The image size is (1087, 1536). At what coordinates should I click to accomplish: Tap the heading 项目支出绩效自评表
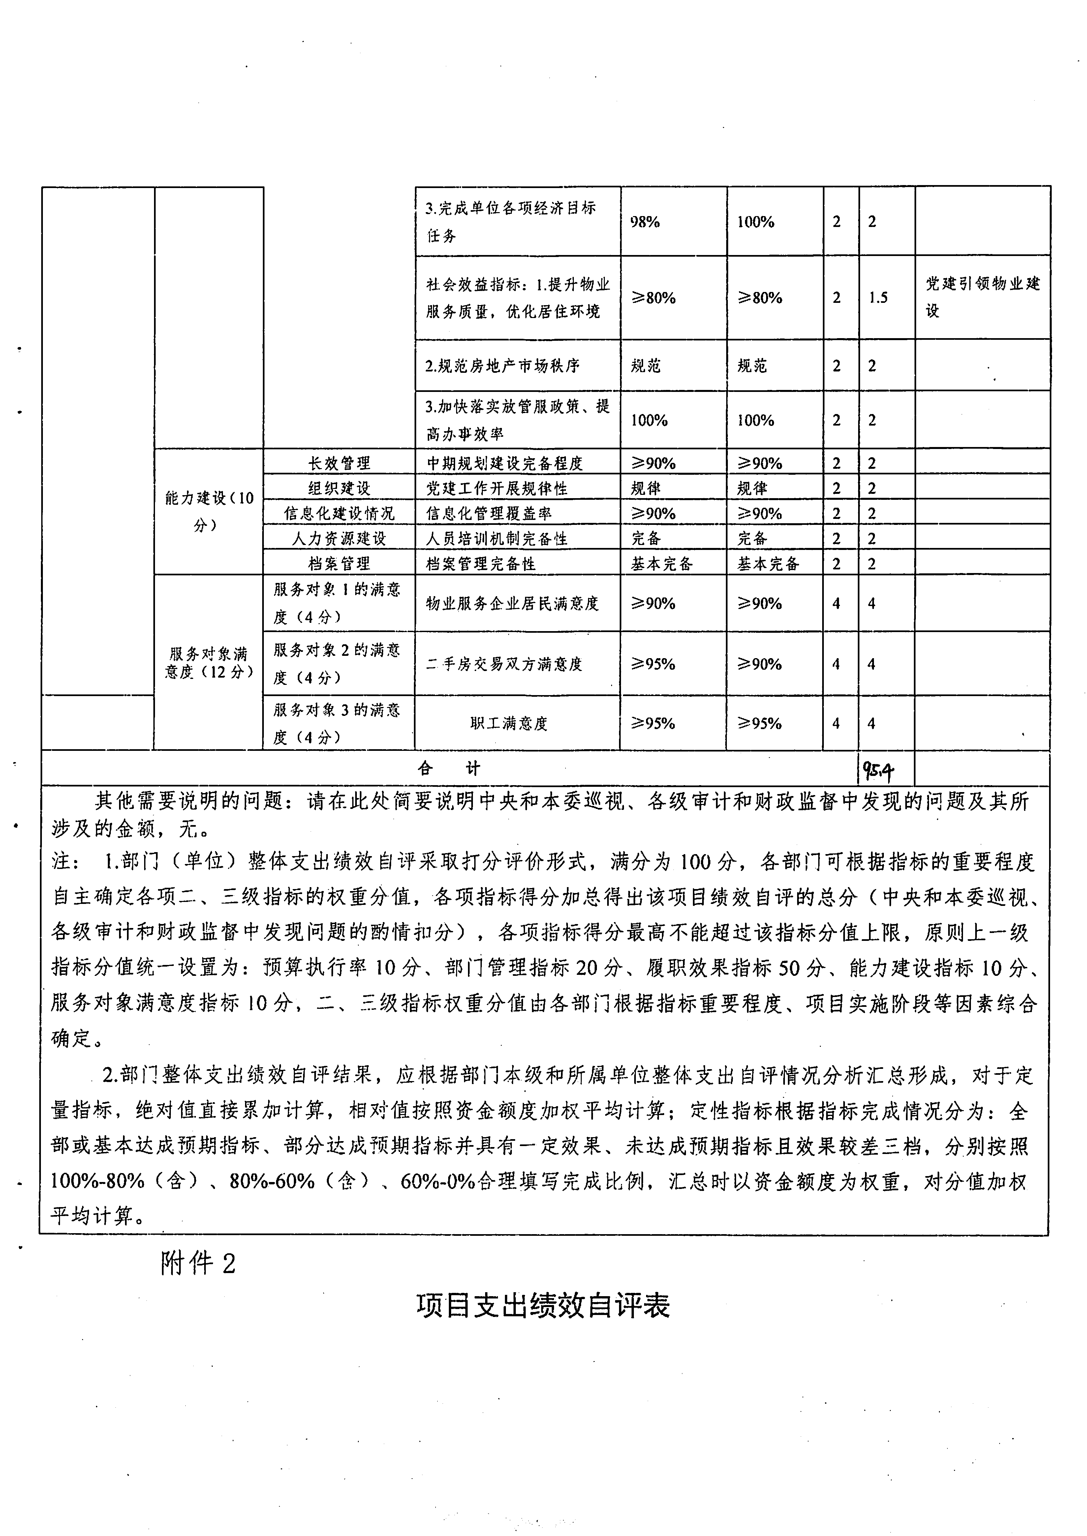pyautogui.click(x=543, y=1305)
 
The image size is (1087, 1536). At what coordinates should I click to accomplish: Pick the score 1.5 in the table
pyautogui.click(x=878, y=298)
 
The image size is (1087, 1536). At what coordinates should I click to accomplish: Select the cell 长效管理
pyautogui.click(x=339, y=463)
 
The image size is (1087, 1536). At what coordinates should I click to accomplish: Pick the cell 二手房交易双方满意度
pyautogui.click(x=505, y=664)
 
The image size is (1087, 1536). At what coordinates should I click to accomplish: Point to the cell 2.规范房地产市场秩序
pyautogui.click(x=503, y=366)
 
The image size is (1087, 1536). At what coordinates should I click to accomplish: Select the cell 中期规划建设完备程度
pyautogui.click(x=505, y=463)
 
